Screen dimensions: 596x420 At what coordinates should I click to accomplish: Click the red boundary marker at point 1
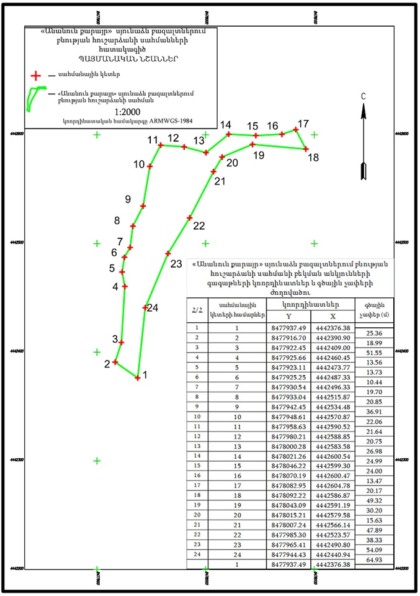(x=138, y=377)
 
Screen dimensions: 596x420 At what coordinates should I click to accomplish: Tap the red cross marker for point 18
(x=306, y=149)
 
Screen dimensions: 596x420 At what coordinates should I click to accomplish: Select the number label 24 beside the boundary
(x=153, y=308)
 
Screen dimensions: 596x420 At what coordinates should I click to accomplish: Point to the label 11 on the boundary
(x=153, y=140)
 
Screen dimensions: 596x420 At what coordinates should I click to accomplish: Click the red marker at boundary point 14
(x=229, y=134)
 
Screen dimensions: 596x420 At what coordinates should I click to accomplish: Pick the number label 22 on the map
(x=199, y=225)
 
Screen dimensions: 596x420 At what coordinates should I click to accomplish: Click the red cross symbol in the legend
(x=36, y=76)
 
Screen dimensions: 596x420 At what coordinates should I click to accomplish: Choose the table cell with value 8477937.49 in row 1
(x=290, y=328)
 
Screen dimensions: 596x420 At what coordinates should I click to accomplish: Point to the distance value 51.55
(x=373, y=352)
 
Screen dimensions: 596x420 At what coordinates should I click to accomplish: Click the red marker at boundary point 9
(x=143, y=206)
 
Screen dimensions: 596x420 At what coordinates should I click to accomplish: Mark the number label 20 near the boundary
(x=232, y=163)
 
